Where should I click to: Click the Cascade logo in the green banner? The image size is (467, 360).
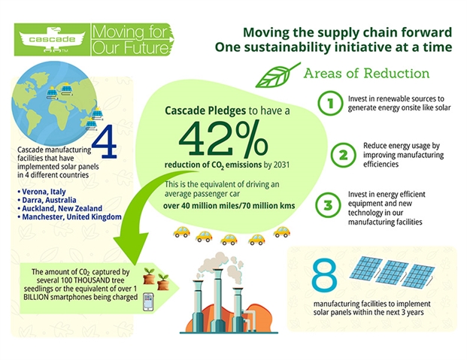click(52, 39)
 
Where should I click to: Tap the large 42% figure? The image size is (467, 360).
click(223, 139)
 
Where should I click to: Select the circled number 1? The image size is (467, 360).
click(330, 103)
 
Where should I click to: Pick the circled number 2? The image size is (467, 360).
click(343, 155)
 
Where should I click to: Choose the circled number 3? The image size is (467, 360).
click(328, 205)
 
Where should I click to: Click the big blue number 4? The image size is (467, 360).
click(105, 141)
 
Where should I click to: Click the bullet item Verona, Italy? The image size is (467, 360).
click(41, 192)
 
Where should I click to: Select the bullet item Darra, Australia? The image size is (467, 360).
click(47, 200)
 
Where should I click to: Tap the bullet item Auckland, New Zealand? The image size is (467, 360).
click(60, 208)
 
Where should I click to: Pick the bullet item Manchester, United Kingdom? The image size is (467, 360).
click(69, 216)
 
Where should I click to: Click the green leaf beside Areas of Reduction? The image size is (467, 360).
click(278, 74)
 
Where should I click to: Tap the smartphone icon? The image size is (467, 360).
click(148, 301)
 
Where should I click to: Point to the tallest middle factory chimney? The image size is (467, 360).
click(217, 299)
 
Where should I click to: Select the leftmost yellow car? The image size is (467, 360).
click(182, 231)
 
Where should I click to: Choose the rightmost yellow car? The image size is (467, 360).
click(282, 231)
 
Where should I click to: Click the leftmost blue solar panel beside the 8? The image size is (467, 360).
click(366, 268)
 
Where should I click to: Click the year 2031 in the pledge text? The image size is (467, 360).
click(281, 165)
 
